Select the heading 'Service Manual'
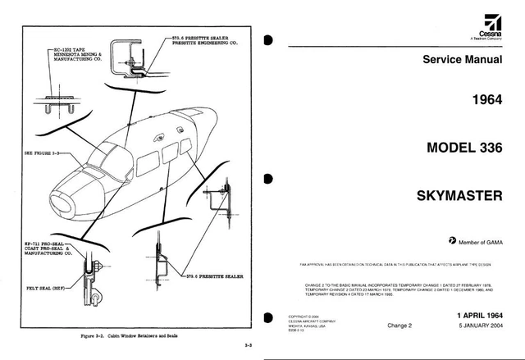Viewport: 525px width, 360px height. (462, 60)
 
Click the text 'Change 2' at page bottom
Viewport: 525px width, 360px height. (400, 326)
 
